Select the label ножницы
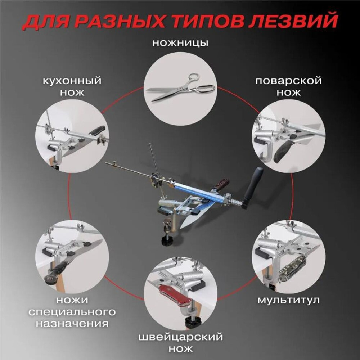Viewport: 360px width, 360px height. pos(180,43)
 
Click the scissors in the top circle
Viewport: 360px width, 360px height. pos(181,87)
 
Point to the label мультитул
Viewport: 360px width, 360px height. pos(288,300)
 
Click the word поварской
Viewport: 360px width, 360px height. pos(289,81)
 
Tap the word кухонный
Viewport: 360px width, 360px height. pos(72,81)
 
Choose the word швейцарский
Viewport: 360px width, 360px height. pos(180,337)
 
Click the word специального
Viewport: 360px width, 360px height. pos(72,312)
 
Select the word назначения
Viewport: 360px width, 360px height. pos(72,324)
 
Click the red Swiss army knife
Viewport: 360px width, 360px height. pos(176,294)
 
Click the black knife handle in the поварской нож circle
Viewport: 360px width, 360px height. pos(283,151)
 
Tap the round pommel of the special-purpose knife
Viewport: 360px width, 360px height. pos(50,279)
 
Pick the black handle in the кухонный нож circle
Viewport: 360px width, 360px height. pos(97,130)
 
